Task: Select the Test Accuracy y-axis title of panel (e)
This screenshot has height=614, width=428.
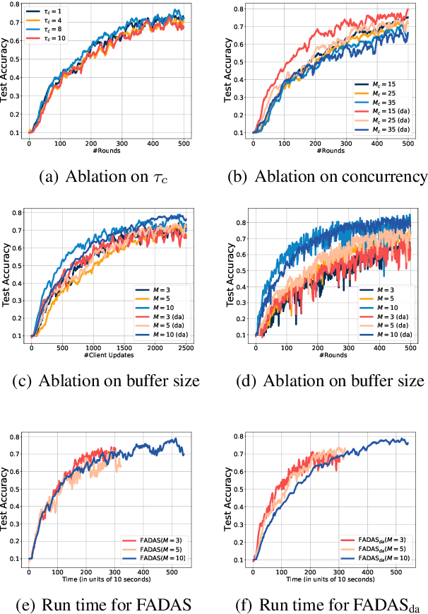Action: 7,496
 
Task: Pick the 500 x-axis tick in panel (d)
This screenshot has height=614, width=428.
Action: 408,348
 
